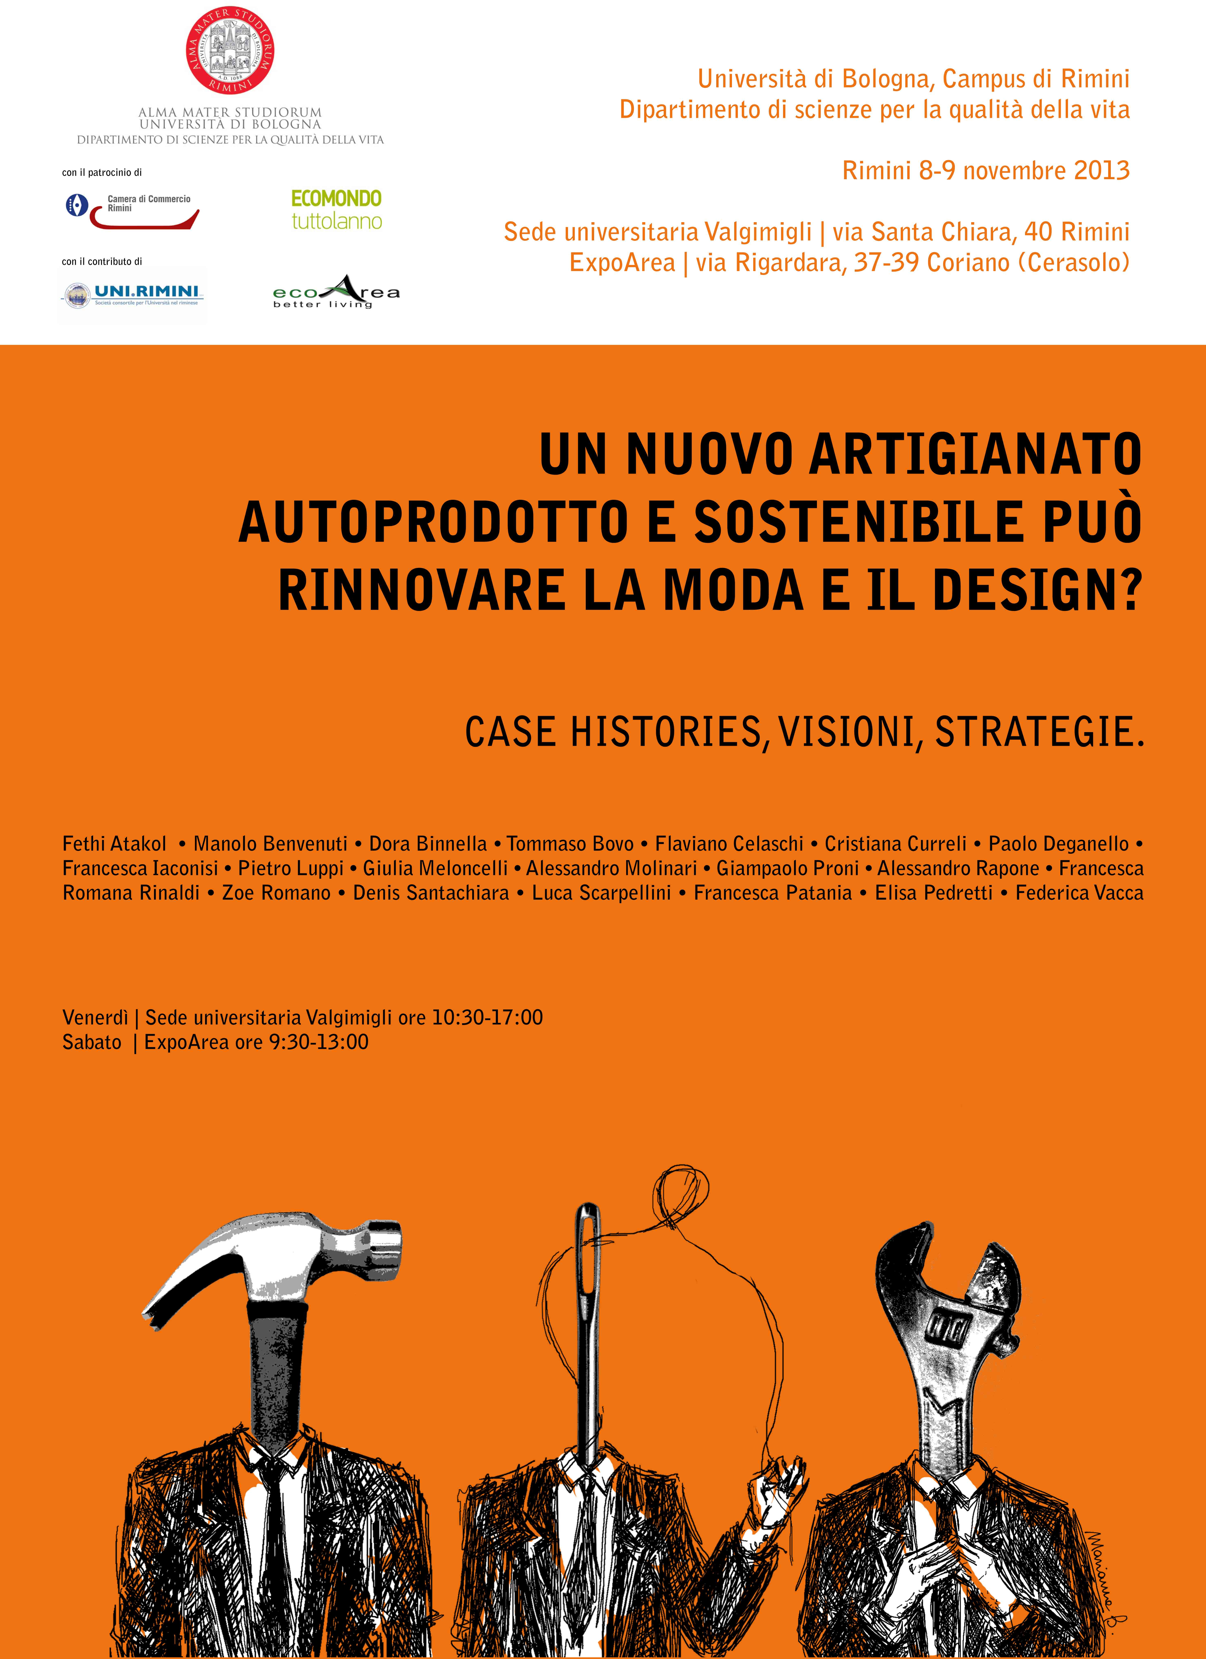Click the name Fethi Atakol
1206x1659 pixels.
coord(115,844)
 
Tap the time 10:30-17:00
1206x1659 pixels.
coord(487,1018)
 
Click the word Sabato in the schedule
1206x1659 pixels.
coord(92,1042)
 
